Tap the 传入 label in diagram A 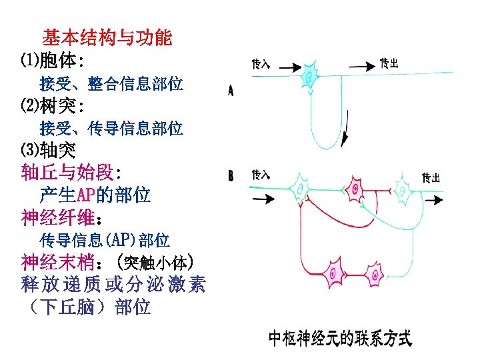point(261,64)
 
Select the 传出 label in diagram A point(389,63)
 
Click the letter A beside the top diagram point(231,91)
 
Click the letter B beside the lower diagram point(231,177)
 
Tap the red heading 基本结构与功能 point(107,37)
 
